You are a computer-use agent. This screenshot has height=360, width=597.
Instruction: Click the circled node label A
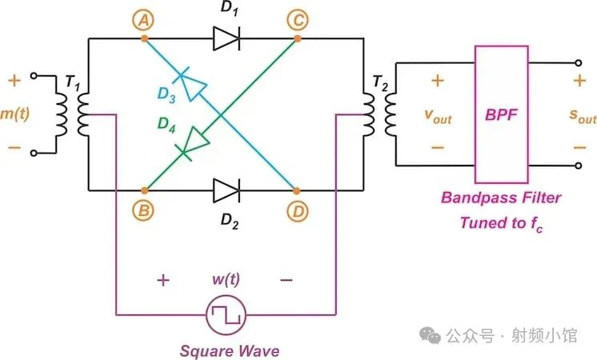[145, 20]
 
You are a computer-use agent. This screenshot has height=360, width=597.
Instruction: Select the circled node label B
[145, 210]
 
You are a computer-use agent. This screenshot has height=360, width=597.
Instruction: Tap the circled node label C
[298, 20]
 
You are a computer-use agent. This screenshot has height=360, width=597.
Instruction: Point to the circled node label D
[298, 210]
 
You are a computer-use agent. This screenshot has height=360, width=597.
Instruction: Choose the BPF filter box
[502, 114]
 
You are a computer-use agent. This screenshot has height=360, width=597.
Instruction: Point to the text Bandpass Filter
[501, 198]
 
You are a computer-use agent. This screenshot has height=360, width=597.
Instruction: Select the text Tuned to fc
[501, 222]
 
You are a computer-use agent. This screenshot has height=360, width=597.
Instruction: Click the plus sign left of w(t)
[163, 281]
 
